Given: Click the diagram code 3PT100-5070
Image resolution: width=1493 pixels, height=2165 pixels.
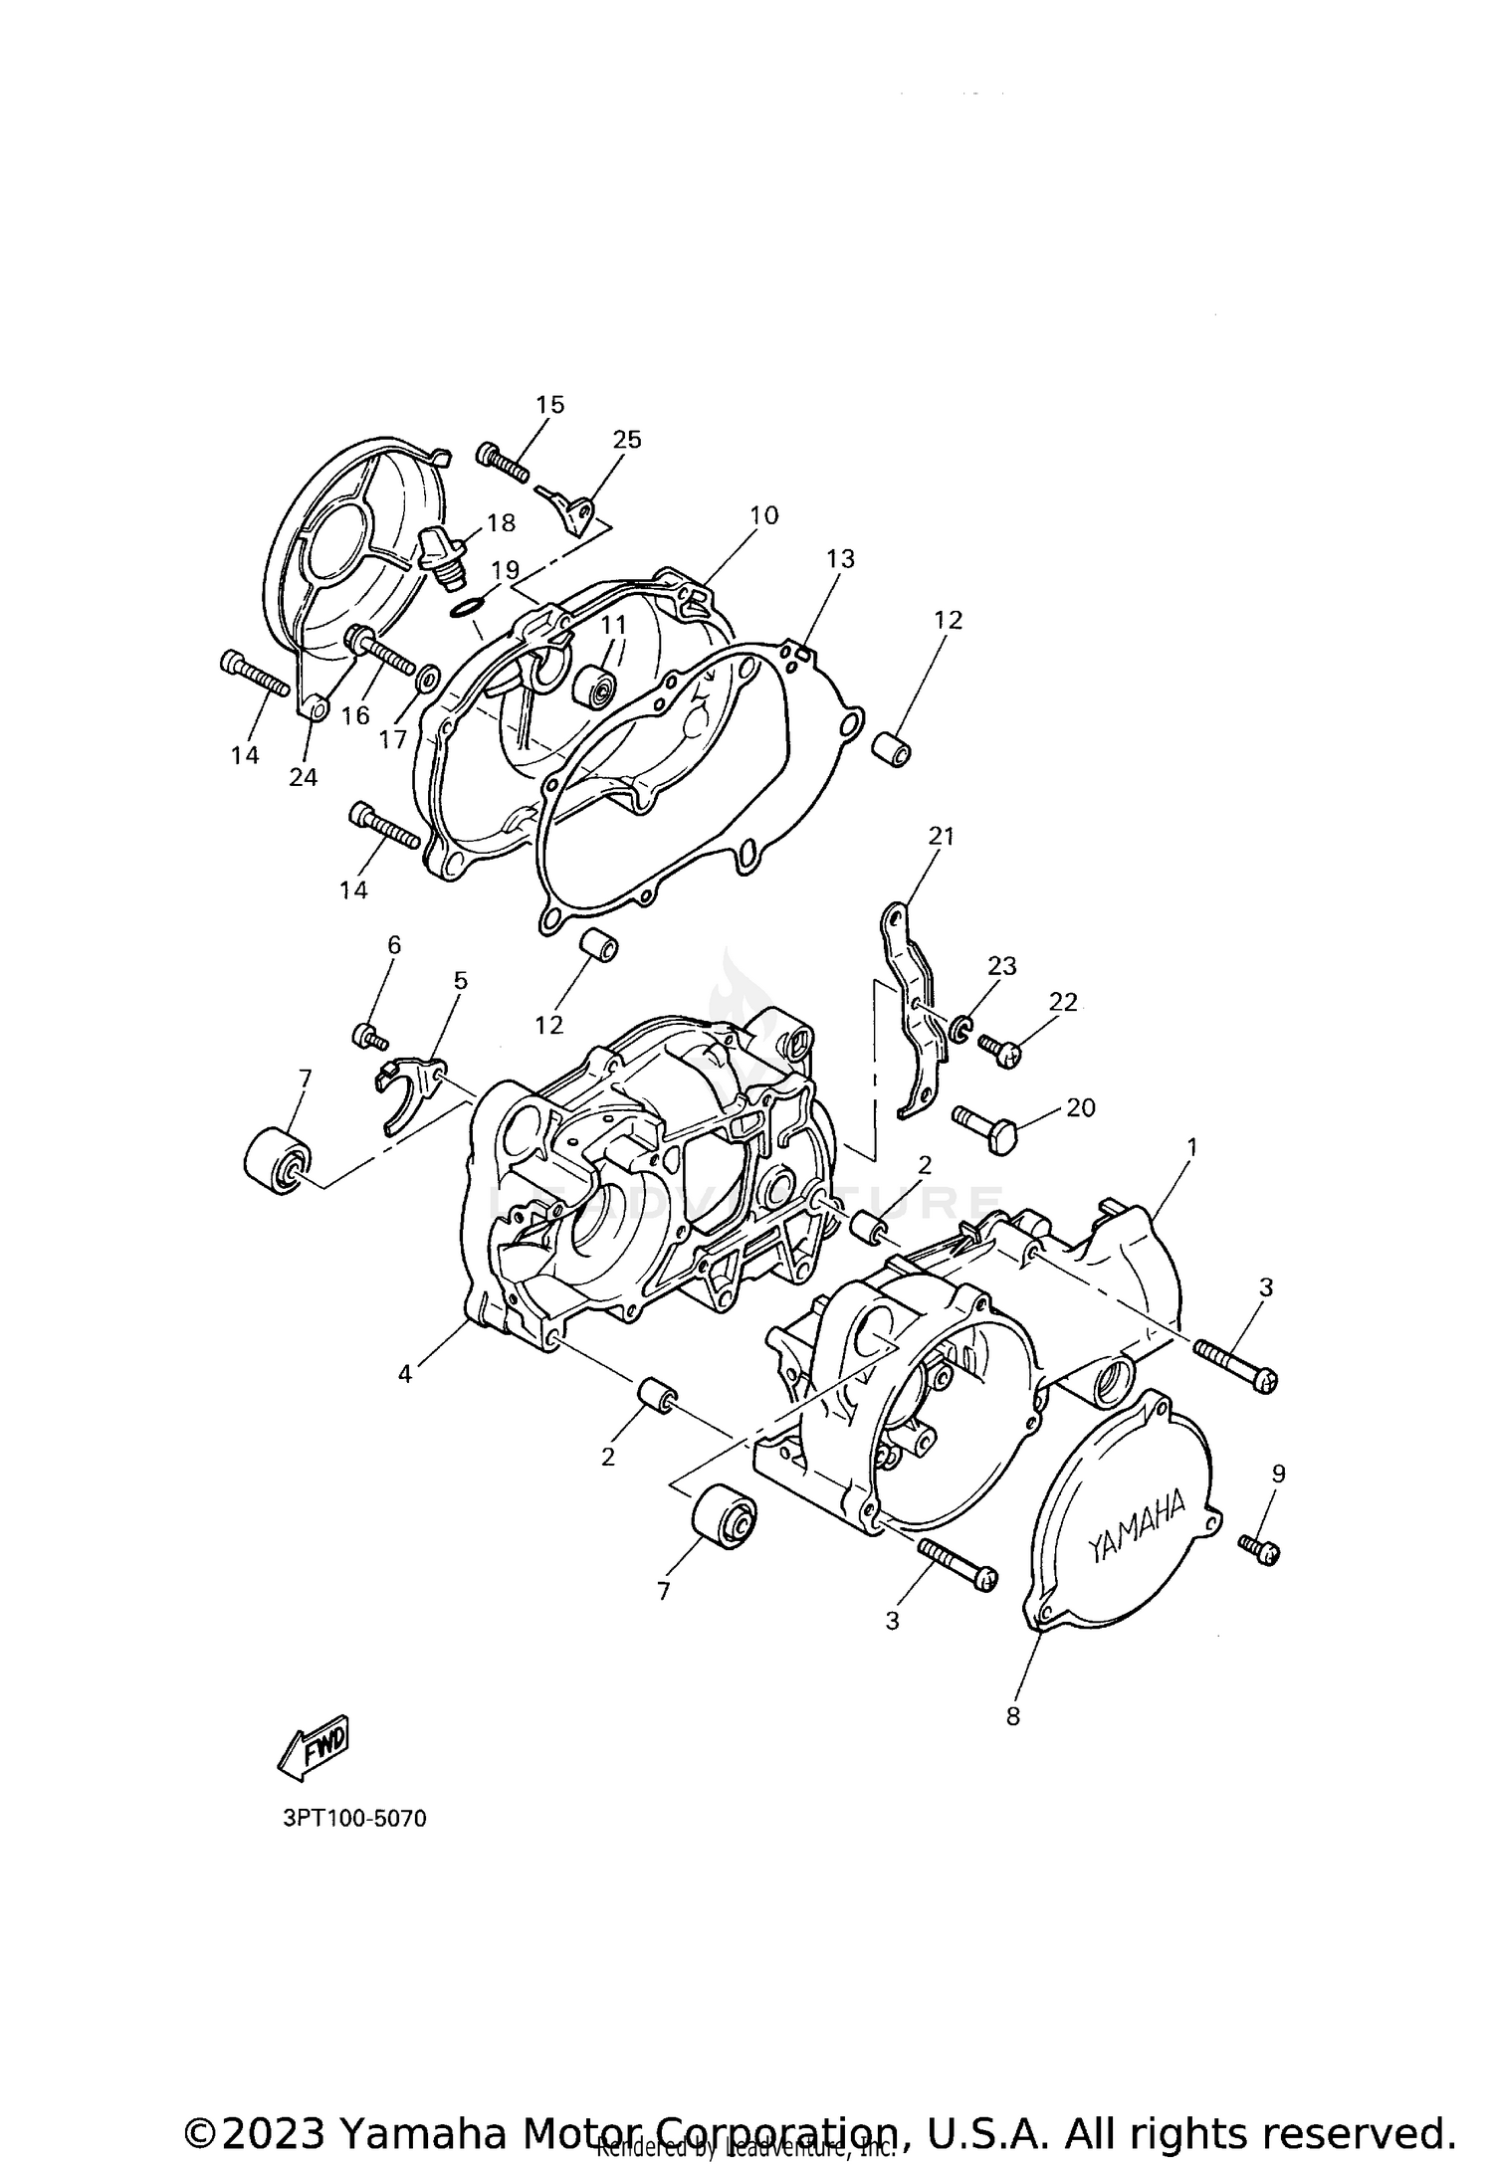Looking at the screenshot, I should click(x=354, y=1819).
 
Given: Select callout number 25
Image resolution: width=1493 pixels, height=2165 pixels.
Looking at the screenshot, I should click(x=627, y=440).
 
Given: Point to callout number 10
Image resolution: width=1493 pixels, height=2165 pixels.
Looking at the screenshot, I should click(x=764, y=515).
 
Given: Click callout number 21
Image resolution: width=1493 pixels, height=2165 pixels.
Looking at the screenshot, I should click(x=941, y=837).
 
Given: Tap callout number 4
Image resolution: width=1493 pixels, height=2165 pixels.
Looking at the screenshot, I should click(x=404, y=1374).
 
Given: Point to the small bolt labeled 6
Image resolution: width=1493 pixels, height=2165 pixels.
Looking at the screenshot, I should click(x=369, y=1037).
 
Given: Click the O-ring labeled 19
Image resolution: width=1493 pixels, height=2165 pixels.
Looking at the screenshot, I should click(x=467, y=606).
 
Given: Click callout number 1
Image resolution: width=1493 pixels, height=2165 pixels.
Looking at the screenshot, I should click(x=1191, y=1147).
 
